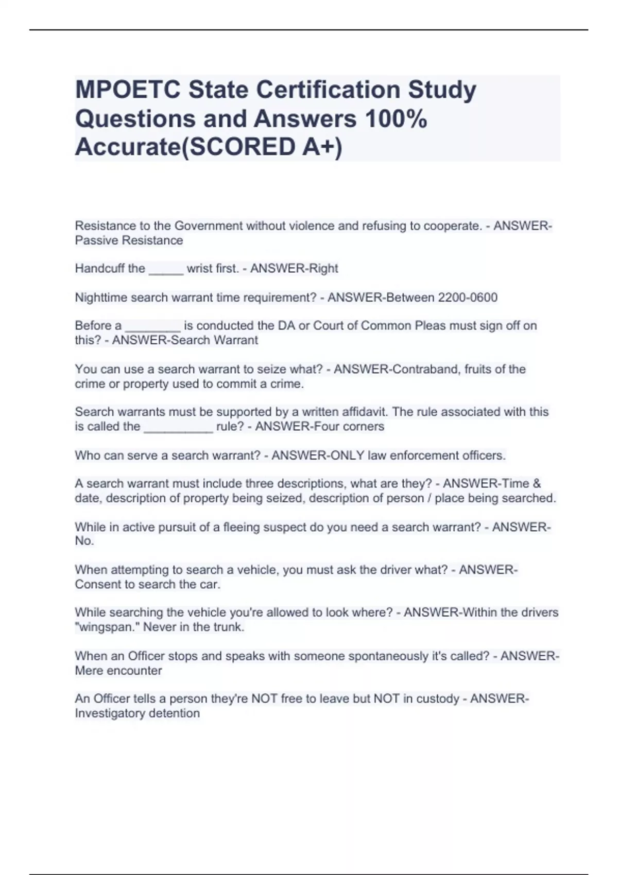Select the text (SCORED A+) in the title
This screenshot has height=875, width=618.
pyautogui.click(x=262, y=147)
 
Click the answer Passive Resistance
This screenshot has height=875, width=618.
pyautogui.click(x=129, y=240)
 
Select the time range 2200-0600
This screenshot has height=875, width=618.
pyautogui.click(x=467, y=297)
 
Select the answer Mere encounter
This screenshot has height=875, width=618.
pyautogui.click(x=118, y=671)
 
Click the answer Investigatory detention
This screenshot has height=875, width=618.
pyautogui.click(x=137, y=713)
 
